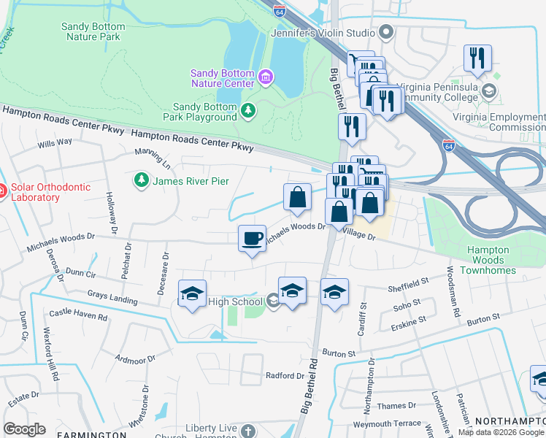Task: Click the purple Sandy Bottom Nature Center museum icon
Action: click(x=265, y=77)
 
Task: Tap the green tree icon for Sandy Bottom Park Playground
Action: click(x=249, y=110)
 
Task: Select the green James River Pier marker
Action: click(x=139, y=180)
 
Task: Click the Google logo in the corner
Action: click(x=24, y=429)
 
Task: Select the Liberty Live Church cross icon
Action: click(x=248, y=431)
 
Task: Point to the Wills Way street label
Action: click(x=55, y=143)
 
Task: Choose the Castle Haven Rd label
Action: click(x=78, y=316)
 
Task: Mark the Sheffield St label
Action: click(x=408, y=283)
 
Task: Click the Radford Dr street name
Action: click(x=285, y=375)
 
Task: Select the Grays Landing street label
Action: click(x=112, y=298)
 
